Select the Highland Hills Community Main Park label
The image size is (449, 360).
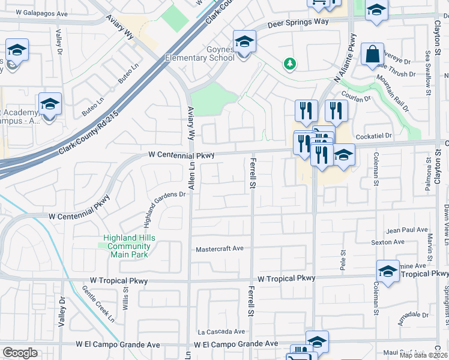(129, 246)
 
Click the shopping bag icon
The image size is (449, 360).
(372, 55)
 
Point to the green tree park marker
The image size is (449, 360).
(291, 63)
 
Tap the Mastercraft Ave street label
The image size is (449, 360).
(220, 248)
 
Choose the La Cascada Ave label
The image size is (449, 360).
(221, 331)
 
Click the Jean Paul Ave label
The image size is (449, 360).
(407, 230)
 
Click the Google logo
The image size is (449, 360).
(20, 353)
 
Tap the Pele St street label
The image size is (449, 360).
(343, 262)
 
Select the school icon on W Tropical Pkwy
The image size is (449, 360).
(387, 271)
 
